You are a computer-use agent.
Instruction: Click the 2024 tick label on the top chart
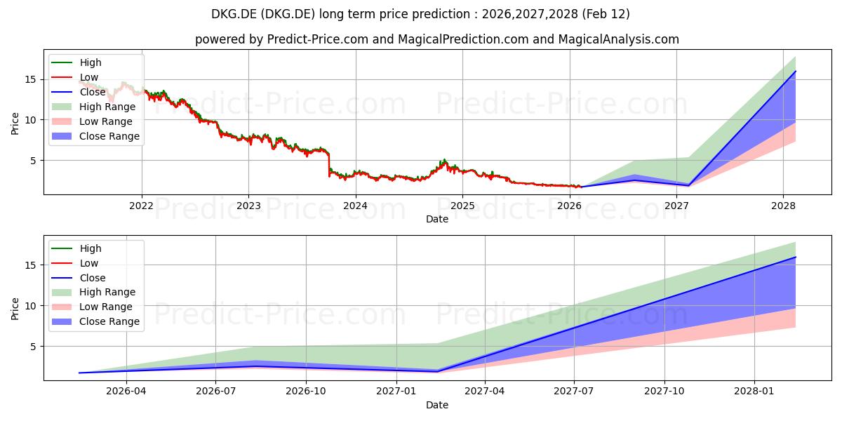tap(356, 206)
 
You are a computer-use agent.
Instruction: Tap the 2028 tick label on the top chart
tap(783, 206)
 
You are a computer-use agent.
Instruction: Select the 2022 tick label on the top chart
tap(142, 206)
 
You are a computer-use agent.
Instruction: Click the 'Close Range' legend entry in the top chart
tap(109, 136)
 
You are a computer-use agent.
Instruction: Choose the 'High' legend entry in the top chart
tap(91, 62)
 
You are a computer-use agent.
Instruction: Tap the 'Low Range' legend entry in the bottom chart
tap(105, 307)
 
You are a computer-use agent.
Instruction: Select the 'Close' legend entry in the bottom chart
tap(93, 278)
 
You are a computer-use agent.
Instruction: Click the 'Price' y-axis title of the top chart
tap(15, 123)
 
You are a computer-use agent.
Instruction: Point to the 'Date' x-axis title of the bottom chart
tap(436, 405)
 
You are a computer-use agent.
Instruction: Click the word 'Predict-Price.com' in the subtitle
tap(318, 39)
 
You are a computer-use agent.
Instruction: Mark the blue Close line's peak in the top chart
tap(796, 71)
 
